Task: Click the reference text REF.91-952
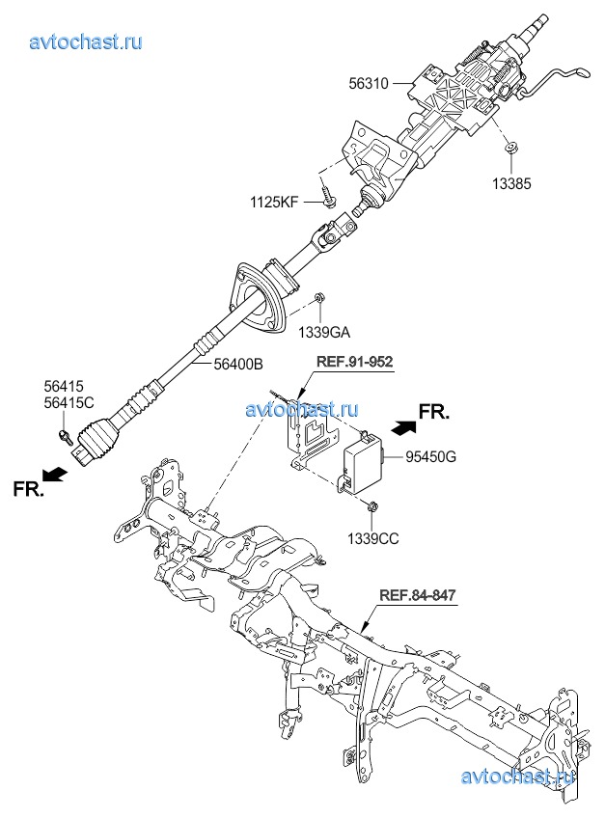355,362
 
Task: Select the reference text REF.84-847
416,596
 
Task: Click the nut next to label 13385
510,148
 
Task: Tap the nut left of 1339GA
320,299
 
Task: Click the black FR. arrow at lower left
58,475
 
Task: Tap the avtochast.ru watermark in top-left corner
86,41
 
